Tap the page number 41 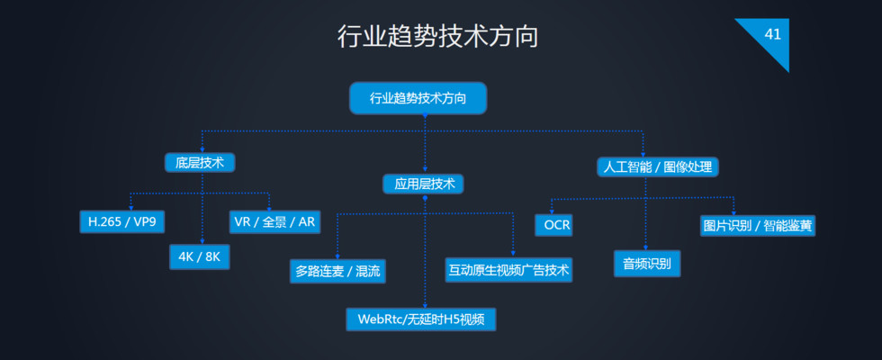click(x=772, y=34)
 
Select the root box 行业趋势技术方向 click(x=418, y=98)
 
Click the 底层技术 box click(x=200, y=163)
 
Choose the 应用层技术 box click(x=424, y=184)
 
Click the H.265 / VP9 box click(x=122, y=221)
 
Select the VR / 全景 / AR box click(x=274, y=221)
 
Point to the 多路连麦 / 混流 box click(x=337, y=270)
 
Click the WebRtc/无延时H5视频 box click(x=421, y=319)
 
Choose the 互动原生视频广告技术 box click(x=508, y=269)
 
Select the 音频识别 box click(x=647, y=263)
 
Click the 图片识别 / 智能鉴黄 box click(x=758, y=225)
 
